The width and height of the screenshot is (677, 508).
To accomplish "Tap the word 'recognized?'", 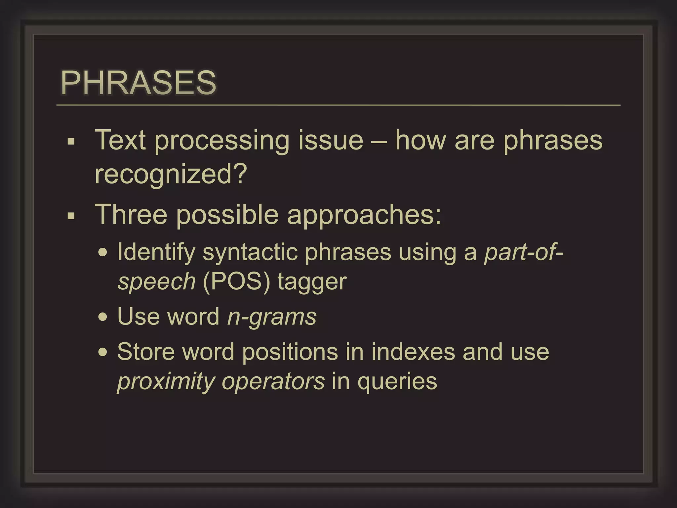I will click(x=171, y=174).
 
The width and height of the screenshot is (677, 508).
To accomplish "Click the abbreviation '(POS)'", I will click(x=236, y=282).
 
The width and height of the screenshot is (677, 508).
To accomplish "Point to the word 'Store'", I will click(x=146, y=352).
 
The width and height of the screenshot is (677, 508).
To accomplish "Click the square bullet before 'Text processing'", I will click(x=71, y=142).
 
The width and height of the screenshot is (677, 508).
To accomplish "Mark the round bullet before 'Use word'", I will click(x=103, y=317).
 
